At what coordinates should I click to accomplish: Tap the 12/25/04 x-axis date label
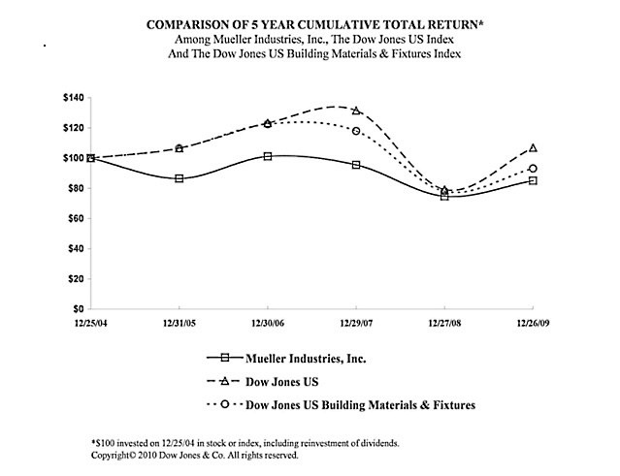pos(90,322)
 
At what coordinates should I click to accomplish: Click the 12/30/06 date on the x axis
pos(267,322)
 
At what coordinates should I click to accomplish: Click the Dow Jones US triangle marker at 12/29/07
pos(356,111)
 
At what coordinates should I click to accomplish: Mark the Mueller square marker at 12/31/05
pos(179,178)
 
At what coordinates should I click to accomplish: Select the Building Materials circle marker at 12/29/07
pos(356,131)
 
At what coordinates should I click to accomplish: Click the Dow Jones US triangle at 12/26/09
pos(533,148)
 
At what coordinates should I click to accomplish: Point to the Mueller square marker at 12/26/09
pos(533,180)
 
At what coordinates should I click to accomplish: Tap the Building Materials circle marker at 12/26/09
pos(533,169)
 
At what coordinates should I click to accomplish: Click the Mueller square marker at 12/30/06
pos(267,156)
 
